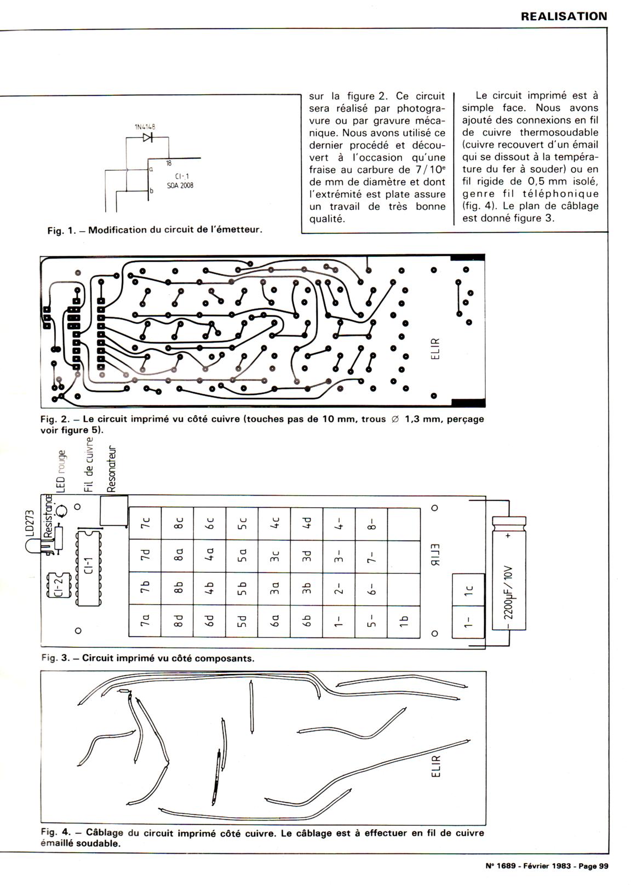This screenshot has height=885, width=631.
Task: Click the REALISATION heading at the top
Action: coord(564,16)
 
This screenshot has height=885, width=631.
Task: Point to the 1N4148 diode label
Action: coord(145,127)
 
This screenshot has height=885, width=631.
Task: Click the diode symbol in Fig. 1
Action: coord(147,137)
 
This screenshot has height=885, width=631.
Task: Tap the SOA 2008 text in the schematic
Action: coord(180,185)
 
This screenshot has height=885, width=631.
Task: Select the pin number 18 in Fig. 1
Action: coord(169,163)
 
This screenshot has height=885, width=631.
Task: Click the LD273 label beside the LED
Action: coord(30,524)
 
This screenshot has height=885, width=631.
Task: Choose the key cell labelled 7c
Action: coord(145,524)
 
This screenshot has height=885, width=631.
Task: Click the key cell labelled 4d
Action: coord(307,524)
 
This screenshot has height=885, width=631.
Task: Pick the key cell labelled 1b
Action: coord(404,620)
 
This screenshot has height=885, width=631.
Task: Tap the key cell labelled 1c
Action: coord(468,589)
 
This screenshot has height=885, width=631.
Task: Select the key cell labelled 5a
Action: coord(242,556)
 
